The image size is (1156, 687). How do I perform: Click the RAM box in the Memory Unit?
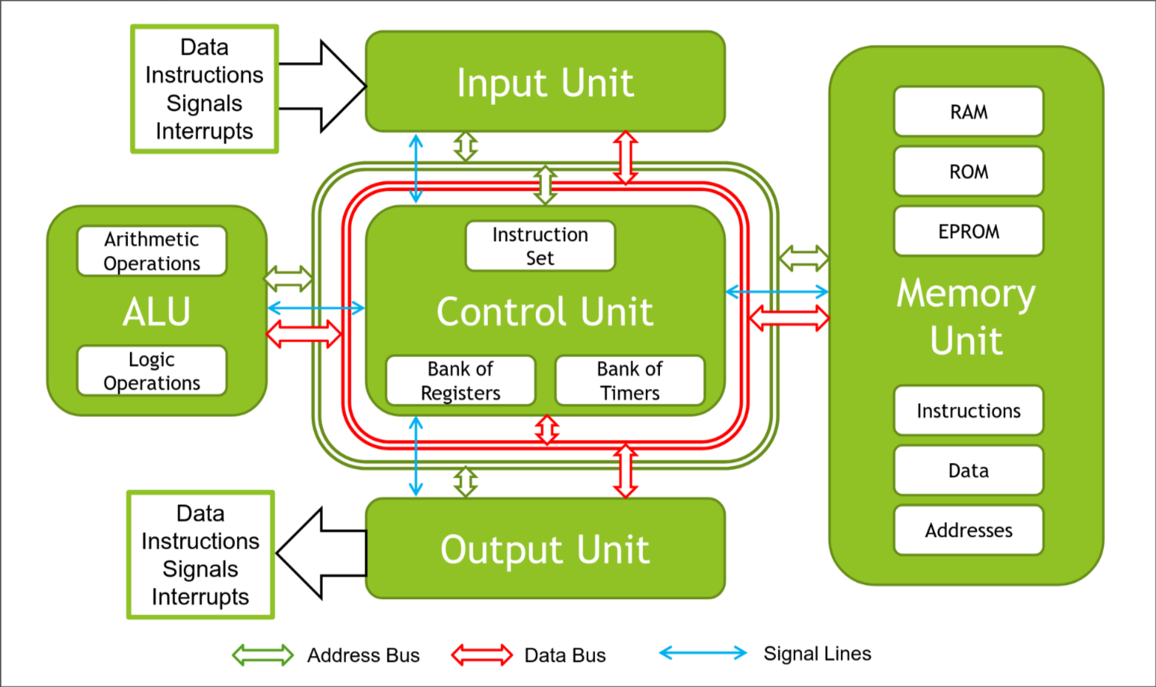pos(968,112)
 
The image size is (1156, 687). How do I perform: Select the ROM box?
pos(968,172)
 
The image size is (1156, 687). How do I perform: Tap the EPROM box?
pos(968,231)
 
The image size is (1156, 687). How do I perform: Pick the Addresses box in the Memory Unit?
pos(968,530)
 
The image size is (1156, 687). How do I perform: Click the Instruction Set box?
pos(540,246)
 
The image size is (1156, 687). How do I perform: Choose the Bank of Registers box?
pos(460,381)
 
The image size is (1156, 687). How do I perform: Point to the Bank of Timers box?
pos(630,381)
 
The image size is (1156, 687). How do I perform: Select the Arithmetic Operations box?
pos(152,251)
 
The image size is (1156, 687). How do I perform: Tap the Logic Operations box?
pos(152,371)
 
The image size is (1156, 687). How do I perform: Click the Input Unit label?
pos(545,83)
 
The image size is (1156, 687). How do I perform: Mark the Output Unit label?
pos(545,549)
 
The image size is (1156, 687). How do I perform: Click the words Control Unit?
pos(545,311)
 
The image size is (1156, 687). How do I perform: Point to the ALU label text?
pos(157,311)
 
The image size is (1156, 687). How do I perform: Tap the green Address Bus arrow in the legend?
pos(263,655)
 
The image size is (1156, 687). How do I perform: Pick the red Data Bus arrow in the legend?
pos(482,655)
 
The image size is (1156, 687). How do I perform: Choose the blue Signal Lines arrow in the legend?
pos(703,653)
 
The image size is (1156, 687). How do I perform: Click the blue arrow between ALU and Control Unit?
pos(316,308)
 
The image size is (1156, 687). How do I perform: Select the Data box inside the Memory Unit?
pos(968,470)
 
